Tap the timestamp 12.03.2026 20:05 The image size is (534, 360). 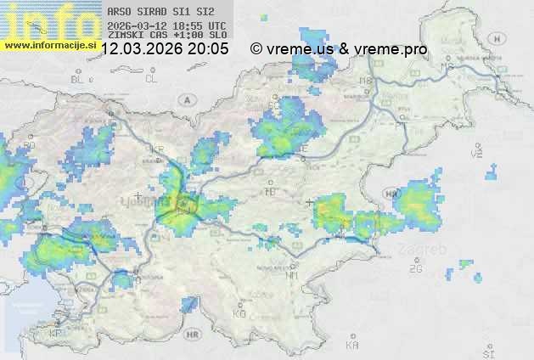pyautogui.click(x=165, y=49)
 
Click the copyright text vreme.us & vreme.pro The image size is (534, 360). pyautogui.click(x=339, y=49)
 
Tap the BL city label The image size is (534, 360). pyautogui.click(x=79, y=79)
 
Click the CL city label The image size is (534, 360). pyautogui.click(x=151, y=79)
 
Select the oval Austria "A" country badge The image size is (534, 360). pyautogui.click(x=185, y=99)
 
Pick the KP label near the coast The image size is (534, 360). pyautogui.click(x=55, y=334)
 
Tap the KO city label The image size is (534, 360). pyautogui.click(x=239, y=313)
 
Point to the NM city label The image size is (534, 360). pyautogui.click(x=291, y=275)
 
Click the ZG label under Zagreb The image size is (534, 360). pyautogui.click(x=415, y=269)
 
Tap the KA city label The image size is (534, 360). pyautogui.click(x=352, y=346)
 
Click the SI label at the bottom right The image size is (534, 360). pyautogui.click(x=487, y=351)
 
